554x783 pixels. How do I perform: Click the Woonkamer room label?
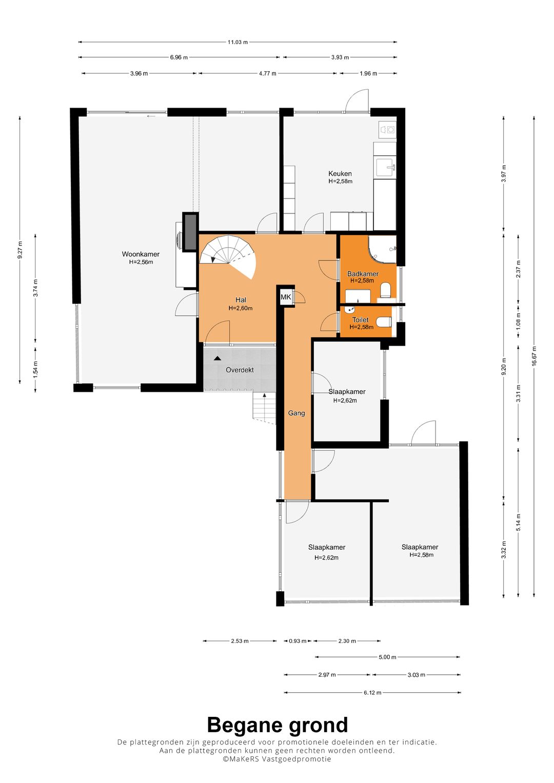(141, 254)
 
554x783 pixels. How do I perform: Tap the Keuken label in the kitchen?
(340, 173)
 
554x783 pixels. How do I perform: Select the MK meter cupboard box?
(286, 297)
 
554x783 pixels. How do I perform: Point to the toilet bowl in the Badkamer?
(386, 290)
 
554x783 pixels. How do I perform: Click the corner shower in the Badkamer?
(382, 249)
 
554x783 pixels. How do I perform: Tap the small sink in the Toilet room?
(349, 310)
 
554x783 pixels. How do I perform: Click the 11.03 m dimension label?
(238, 42)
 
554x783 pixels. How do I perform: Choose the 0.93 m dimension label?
(298, 641)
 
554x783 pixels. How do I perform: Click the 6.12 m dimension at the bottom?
(372, 692)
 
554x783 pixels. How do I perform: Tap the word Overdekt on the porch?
(240, 370)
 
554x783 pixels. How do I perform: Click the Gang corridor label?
(296, 413)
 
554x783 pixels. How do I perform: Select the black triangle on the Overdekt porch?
(217, 358)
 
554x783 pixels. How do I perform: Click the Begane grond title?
(278, 725)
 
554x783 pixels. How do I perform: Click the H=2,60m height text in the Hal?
(240, 308)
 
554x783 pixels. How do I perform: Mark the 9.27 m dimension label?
(21, 250)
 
